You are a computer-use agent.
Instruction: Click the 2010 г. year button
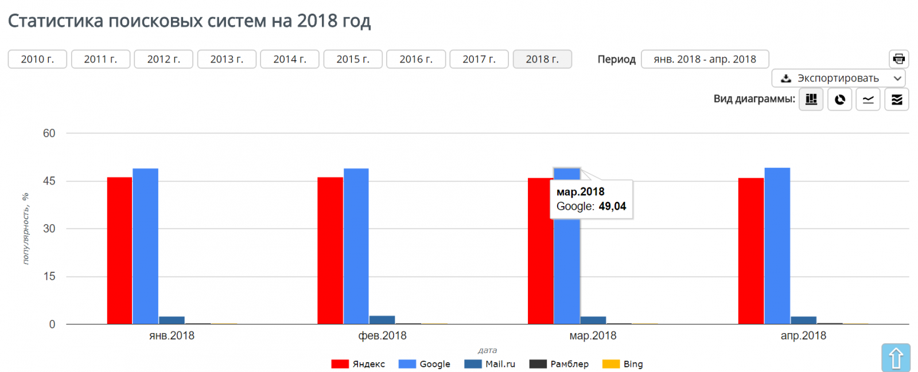click(37, 59)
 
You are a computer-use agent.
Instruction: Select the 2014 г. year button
click(290, 59)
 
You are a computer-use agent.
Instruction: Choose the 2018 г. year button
click(542, 59)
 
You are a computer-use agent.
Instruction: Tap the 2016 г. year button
click(416, 59)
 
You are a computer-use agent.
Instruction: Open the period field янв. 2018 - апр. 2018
click(705, 59)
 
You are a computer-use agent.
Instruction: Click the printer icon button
click(898, 59)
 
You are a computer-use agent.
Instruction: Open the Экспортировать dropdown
click(838, 78)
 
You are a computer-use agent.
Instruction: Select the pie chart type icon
click(839, 99)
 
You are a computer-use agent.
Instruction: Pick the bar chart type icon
click(811, 99)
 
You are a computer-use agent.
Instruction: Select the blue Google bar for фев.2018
click(356, 246)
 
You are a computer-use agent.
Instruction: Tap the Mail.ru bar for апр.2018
click(803, 320)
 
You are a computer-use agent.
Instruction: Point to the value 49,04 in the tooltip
click(612, 206)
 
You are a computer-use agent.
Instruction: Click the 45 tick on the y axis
click(49, 181)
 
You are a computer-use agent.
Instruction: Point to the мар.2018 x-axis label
click(593, 336)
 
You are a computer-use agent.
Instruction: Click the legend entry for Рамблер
click(559, 364)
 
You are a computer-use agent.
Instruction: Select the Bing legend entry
click(623, 364)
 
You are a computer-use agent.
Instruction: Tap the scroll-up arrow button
click(896, 358)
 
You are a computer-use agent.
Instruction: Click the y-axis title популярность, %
click(26, 228)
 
